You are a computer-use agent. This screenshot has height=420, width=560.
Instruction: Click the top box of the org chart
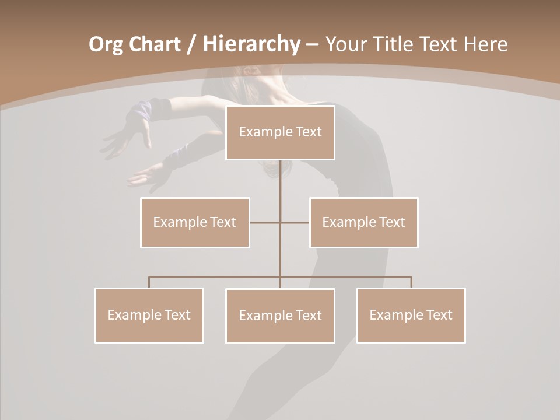pos(280,132)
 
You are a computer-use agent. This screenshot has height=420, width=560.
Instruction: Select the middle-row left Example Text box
pos(195,222)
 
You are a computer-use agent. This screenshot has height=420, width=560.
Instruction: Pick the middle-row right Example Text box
pos(364,222)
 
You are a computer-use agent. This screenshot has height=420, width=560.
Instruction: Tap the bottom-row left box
pos(149,315)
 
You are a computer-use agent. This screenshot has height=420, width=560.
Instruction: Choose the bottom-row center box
pos(280,316)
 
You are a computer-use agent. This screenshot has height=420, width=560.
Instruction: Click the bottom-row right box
pos(411,315)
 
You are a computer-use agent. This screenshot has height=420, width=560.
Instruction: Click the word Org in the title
pos(106,44)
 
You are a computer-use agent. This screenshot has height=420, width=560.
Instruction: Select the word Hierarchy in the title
pos(251,44)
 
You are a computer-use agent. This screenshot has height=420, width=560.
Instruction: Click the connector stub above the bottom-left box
pos(149,282)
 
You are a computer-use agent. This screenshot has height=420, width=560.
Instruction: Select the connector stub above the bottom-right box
pos(411,282)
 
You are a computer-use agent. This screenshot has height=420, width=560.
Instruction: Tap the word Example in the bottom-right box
pos(395,315)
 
